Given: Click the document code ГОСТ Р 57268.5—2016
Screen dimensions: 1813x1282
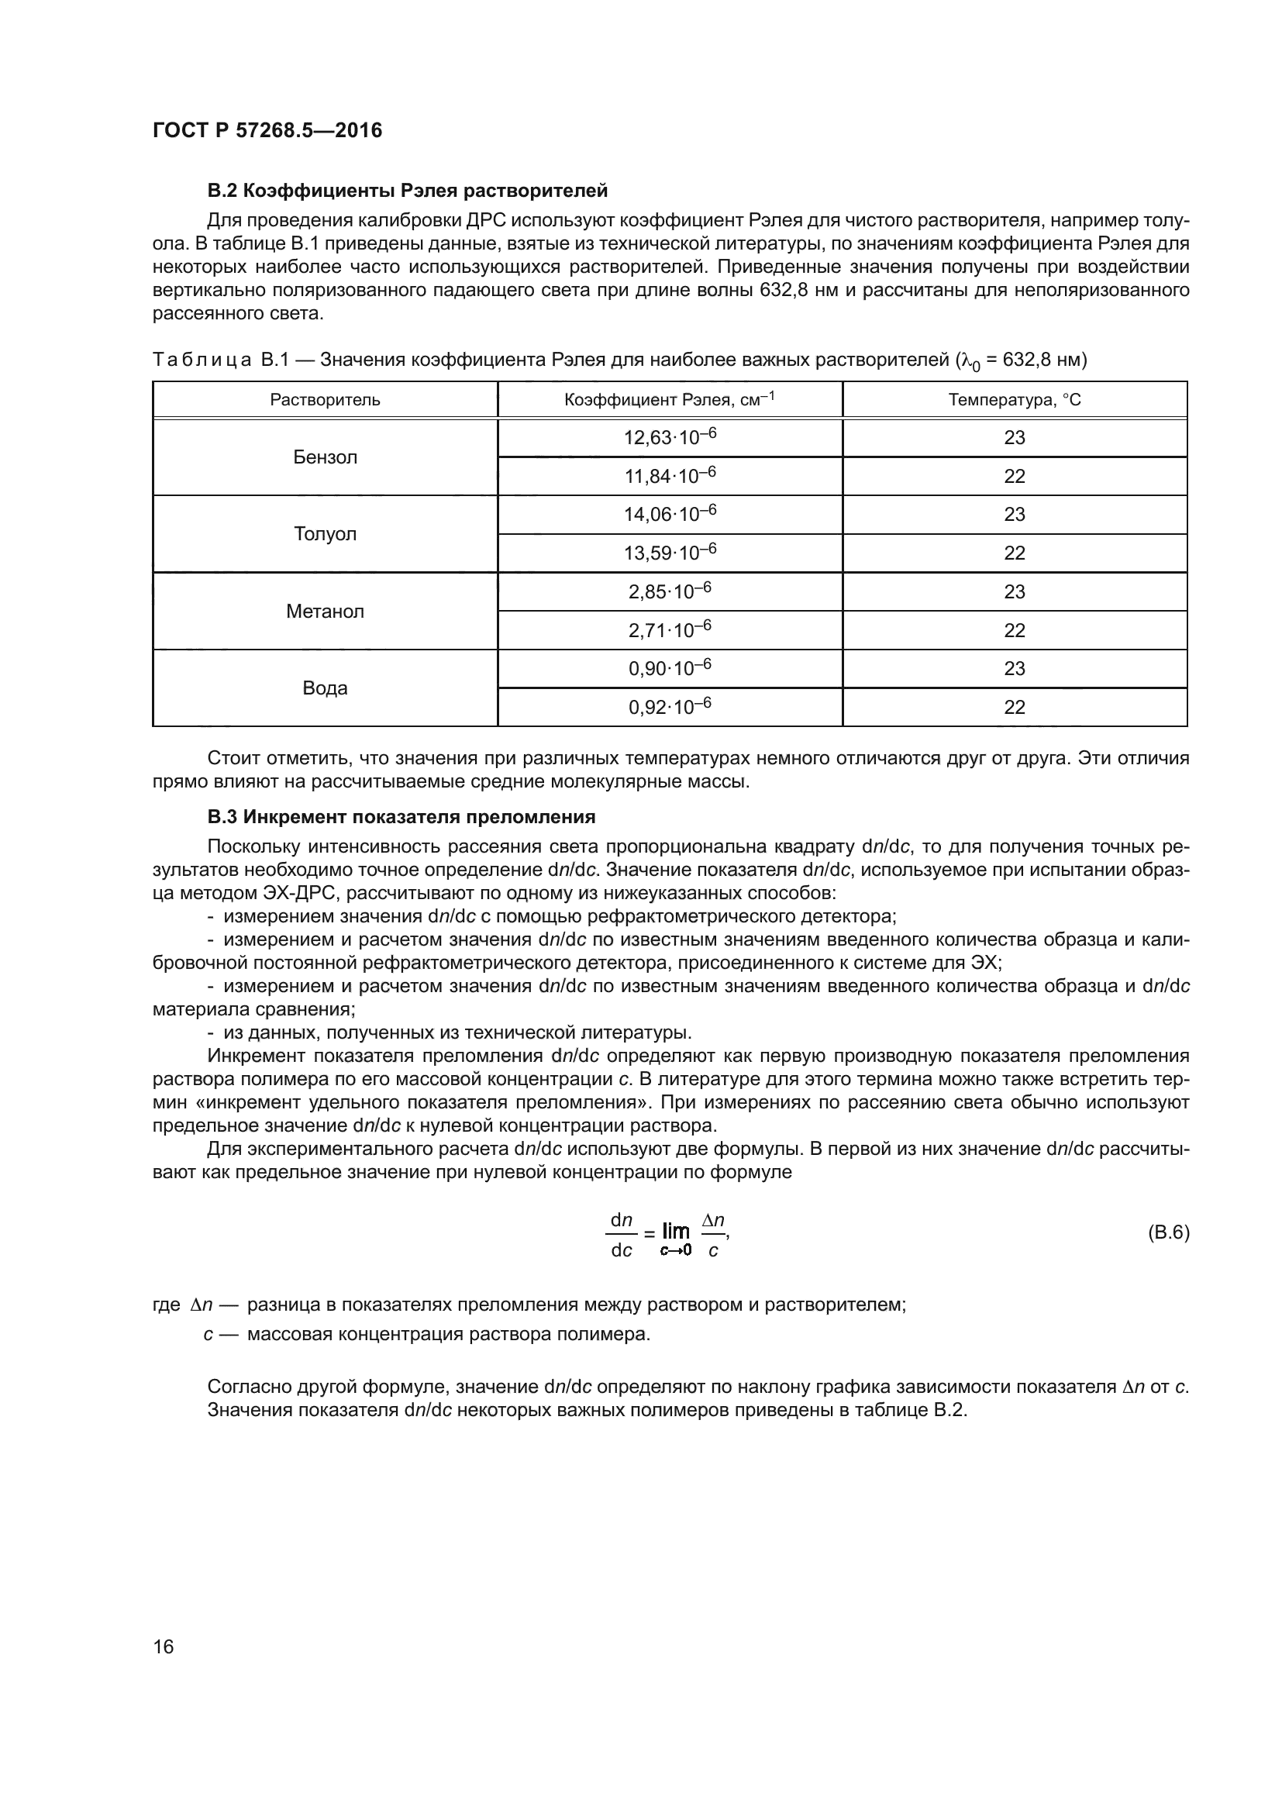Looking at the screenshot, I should click(267, 130).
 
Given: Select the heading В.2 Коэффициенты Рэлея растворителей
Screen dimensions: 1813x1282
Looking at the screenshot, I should click(407, 191).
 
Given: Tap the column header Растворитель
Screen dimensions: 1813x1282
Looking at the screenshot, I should click(325, 399).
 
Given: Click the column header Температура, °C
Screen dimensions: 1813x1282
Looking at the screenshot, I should click(1015, 399).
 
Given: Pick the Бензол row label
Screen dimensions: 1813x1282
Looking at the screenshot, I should click(325, 457).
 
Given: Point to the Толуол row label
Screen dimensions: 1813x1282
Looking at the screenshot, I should click(325, 534).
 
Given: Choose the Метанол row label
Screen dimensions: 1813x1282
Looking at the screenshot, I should click(325, 611).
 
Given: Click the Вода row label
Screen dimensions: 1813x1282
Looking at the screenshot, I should click(325, 688).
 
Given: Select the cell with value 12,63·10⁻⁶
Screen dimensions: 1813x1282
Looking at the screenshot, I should click(670, 437).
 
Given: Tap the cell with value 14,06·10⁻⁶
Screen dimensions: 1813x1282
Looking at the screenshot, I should click(670, 514).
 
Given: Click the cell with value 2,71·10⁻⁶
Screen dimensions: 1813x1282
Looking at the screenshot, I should click(670, 630).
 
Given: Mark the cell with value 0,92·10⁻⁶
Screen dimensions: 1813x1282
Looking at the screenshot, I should click(670, 707).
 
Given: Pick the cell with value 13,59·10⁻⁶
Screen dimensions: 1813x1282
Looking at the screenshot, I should click(670, 553).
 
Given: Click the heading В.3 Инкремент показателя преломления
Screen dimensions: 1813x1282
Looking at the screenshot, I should click(401, 816).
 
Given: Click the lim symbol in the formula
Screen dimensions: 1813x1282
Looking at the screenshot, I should click(676, 1231).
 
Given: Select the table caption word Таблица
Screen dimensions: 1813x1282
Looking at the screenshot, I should click(202, 360).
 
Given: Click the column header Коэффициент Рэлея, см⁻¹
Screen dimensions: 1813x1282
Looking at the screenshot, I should click(670, 399).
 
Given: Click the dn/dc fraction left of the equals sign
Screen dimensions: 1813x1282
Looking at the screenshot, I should click(622, 1235).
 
